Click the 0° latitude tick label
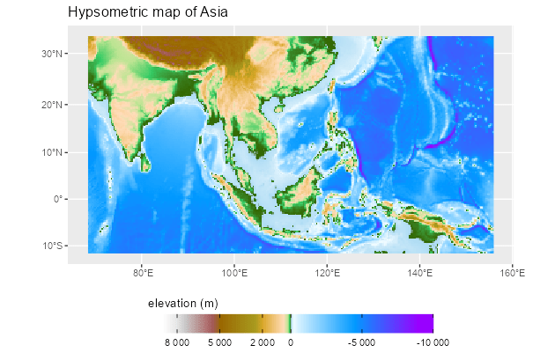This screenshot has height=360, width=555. coord(57,199)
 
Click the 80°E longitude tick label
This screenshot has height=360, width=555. coord(143,272)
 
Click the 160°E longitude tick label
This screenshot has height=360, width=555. coord(512,272)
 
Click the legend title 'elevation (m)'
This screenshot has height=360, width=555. coord(182,304)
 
